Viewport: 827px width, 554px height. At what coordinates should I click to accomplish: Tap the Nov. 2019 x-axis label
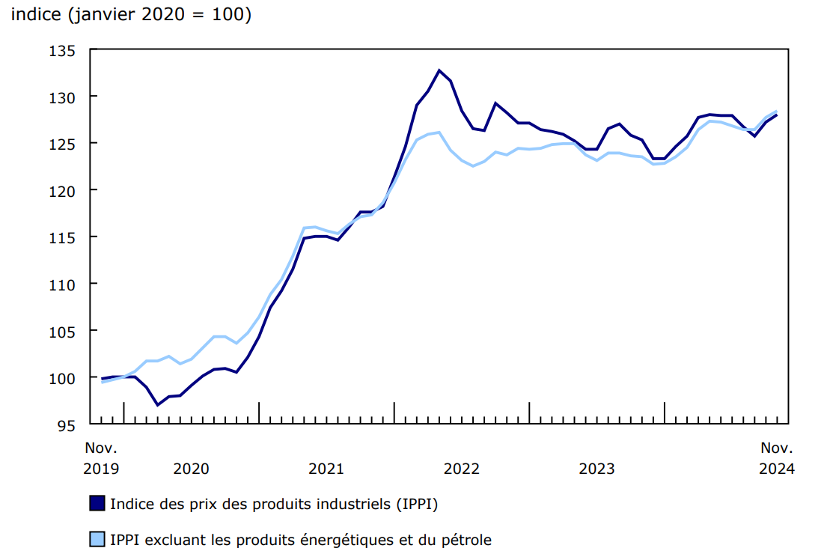tap(101, 458)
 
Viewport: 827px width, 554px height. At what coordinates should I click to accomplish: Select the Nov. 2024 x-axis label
tap(777, 458)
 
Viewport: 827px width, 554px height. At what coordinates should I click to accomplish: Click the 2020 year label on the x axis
tap(191, 469)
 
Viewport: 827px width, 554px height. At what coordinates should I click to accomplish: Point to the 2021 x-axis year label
tap(326, 469)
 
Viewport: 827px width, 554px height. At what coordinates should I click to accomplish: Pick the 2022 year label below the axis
tap(462, 469)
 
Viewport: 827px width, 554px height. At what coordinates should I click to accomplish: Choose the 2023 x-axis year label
tap(596, 469)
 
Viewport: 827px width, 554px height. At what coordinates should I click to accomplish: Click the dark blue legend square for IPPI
tap(97, 504)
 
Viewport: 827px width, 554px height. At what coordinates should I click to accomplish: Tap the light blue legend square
tap(97, 539)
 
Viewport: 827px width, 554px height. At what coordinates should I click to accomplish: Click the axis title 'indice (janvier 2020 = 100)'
tap(131, 15)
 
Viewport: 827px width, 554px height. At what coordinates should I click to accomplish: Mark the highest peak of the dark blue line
tap(439, 70)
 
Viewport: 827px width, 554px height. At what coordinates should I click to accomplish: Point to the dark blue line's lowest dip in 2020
tap(157, 405)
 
